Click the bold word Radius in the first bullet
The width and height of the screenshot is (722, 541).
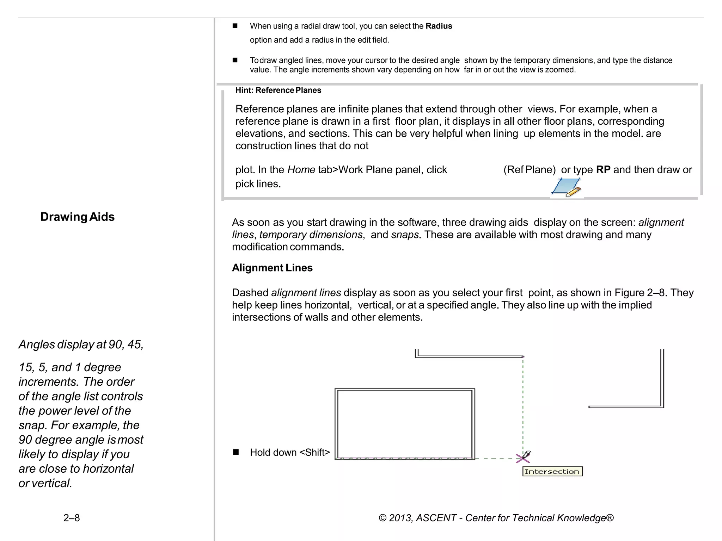pos(439,26)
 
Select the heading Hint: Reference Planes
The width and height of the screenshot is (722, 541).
pos(278,90)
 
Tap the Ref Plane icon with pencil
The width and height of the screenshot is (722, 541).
pos(566,187)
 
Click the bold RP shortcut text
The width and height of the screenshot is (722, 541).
pos(603,170)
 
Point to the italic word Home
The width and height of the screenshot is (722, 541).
pos(301,170)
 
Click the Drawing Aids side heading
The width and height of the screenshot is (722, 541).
pos(77,217)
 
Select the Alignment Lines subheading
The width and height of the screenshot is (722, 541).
pos(272,268)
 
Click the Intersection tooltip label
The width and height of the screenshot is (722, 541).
pos(552,472)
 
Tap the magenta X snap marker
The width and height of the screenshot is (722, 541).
pos(522,458)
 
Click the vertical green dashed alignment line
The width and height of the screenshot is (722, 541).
pos(523,405)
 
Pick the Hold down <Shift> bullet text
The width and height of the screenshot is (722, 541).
pos(290,452)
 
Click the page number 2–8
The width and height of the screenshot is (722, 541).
pos(72,518)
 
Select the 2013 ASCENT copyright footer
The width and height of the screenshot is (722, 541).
pos(496,518)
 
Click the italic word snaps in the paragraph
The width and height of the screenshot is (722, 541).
pos(405,235)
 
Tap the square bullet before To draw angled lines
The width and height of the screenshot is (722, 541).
pos(235,60)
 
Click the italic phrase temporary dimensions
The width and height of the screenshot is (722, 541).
pos(311,235)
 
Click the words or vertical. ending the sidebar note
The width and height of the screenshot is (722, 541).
pos(45,483)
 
